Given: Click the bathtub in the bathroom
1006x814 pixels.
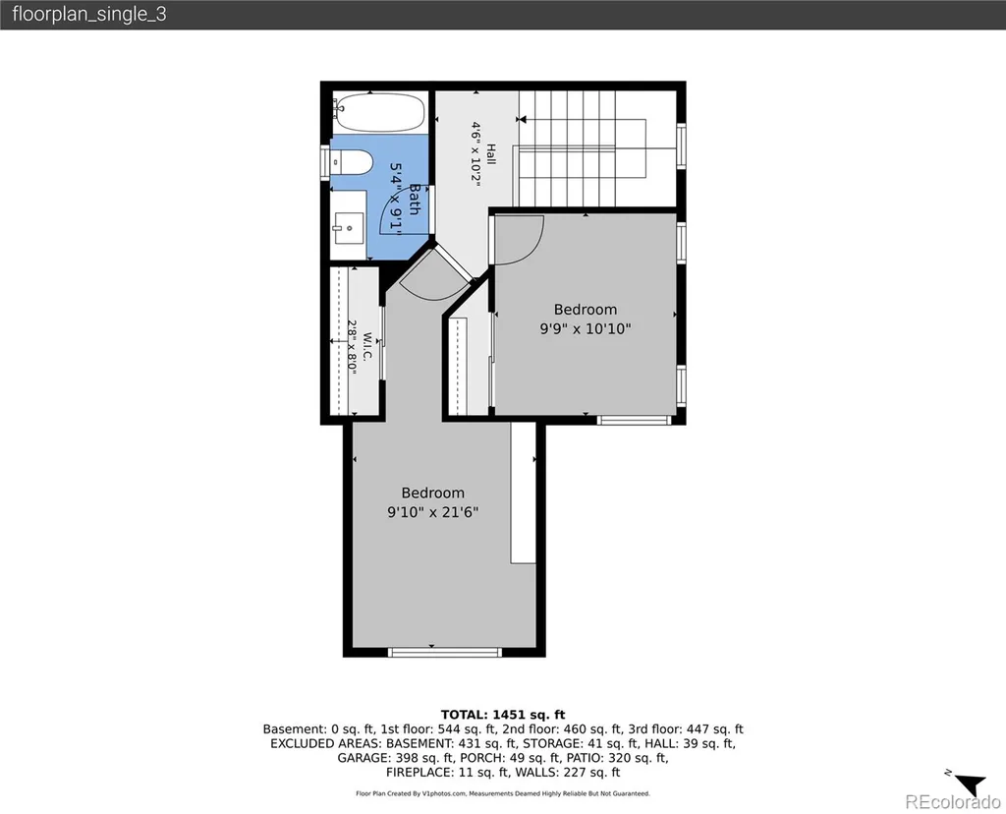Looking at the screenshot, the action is coord(379,112).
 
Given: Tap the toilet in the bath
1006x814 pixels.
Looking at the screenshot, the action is coord(352,162).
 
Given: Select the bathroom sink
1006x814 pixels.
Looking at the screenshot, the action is coord(349,227).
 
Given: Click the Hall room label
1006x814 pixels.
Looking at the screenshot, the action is coord(491,154).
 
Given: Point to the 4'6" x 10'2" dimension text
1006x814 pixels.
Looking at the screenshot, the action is coord(475,154).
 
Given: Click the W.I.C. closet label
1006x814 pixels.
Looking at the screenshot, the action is coord(367,346).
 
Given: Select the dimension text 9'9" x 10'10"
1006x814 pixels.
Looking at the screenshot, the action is coord(586,328).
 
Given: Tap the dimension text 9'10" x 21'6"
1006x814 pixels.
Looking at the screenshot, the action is coord(432,512).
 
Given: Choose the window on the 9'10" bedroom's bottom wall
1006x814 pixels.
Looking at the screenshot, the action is coord(444,652).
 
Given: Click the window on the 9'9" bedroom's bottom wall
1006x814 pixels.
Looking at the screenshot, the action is coord(634,420).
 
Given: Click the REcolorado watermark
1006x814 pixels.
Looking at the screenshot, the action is coord(952,802).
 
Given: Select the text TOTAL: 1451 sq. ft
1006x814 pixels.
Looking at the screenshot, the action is coord(503,715).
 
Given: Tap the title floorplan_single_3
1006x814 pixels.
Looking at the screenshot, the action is coord(89,14).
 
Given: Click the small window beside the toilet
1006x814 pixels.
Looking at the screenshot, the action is coord(324,162).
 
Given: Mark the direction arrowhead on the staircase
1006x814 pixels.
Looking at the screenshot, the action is coord(522,119).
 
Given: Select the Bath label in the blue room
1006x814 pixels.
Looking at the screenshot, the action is coord(415,199).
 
